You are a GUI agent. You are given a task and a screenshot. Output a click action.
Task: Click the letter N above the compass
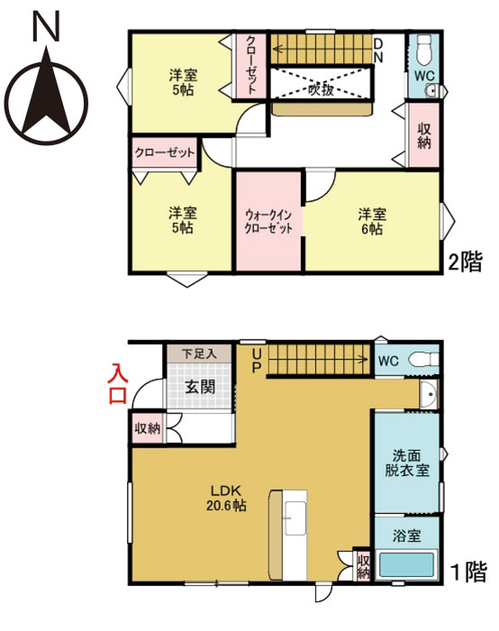coord(47,28)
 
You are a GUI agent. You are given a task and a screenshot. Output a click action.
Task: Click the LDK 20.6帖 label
coord(229,498)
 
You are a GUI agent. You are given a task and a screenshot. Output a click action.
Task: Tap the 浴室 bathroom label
coord(405,535)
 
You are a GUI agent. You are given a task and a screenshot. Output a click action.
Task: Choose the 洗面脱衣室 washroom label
coord(406,463)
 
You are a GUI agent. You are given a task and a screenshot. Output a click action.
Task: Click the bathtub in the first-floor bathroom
coord(406,567)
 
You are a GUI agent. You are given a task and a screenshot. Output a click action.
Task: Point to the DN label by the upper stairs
coord(378,50)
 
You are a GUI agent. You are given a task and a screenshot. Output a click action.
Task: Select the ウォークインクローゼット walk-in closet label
coord(269,221)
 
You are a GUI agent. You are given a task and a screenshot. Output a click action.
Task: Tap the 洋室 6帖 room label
coord(372,221)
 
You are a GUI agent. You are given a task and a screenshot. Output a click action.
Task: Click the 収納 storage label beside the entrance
coord(148,427)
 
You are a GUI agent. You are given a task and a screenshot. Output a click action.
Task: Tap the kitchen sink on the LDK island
coord(292,517)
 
